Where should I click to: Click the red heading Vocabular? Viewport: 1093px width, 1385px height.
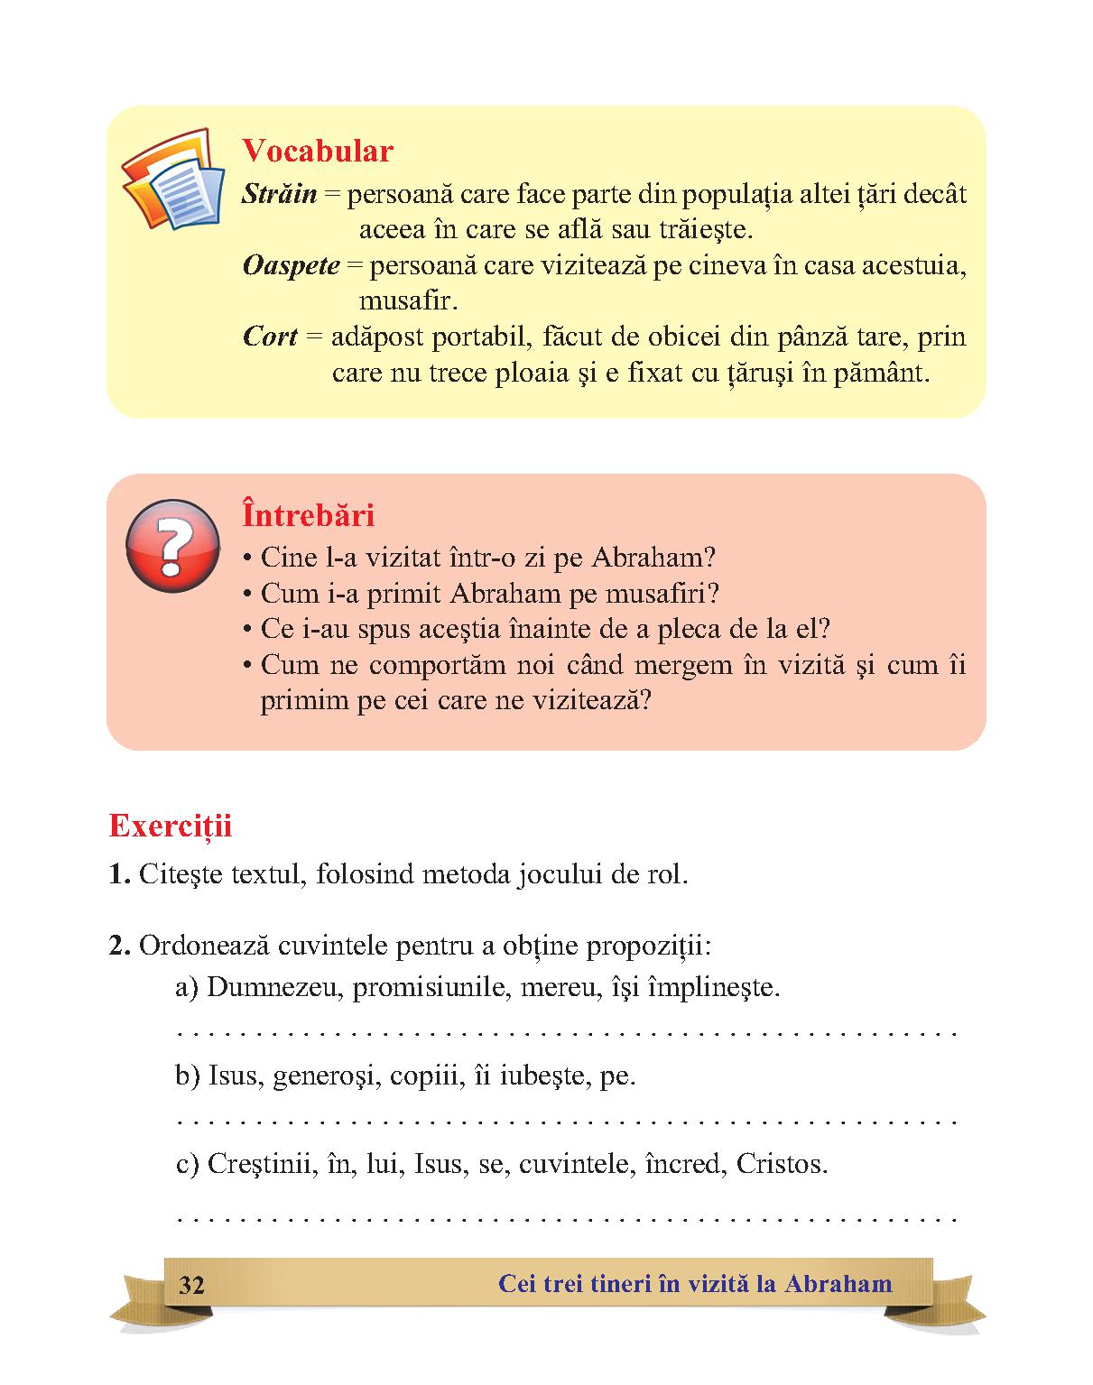click(318, 151)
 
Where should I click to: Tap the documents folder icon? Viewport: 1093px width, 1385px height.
click(173, 180)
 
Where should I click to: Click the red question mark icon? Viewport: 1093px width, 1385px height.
click(172, 546)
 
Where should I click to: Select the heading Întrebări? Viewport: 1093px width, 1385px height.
click(308, 515)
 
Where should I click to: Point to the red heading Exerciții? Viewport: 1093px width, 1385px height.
click(171, 826)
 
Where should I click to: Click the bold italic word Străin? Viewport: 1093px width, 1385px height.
click(279, 194)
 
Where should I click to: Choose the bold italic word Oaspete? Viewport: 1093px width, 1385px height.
click(291, 265)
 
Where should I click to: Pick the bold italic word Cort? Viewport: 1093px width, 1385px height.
click(270, 337)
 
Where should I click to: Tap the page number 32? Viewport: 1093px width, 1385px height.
click(191, 1285)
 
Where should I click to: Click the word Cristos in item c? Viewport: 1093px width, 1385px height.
click(781, 1164)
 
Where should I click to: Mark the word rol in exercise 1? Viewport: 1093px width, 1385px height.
click(666, 874)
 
